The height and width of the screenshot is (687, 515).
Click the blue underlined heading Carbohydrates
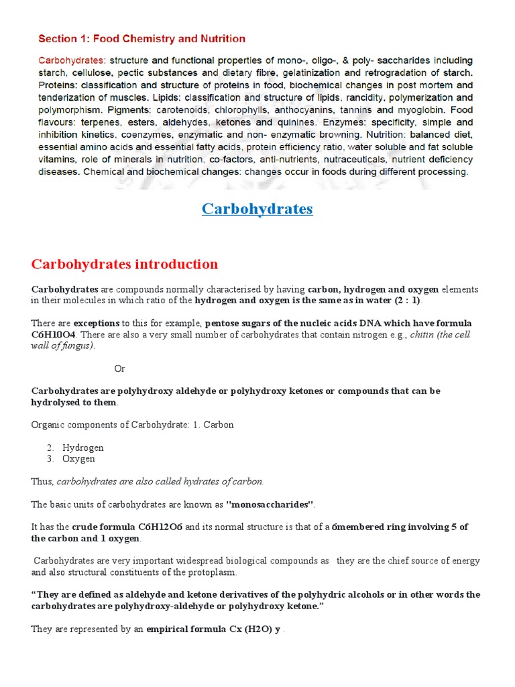(x=257, y=209)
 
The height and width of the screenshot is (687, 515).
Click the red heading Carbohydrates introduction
(x=124, y=264)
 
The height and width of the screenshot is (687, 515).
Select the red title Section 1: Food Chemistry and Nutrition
(x=142, y=39)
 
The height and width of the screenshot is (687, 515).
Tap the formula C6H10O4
(x=56, y=334)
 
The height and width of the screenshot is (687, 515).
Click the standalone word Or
(x=119, y=368)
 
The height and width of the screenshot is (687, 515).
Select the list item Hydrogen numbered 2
(x=82, y=447)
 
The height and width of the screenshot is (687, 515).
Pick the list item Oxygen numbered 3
(x=78, y=459)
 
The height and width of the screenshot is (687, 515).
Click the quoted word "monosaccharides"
(x=271, y=504)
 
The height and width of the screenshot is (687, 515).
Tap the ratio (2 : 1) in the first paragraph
(x=406, y=300)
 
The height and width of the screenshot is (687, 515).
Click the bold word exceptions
(x=97, y=323)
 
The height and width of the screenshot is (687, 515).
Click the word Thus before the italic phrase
(x=42, y=481)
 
